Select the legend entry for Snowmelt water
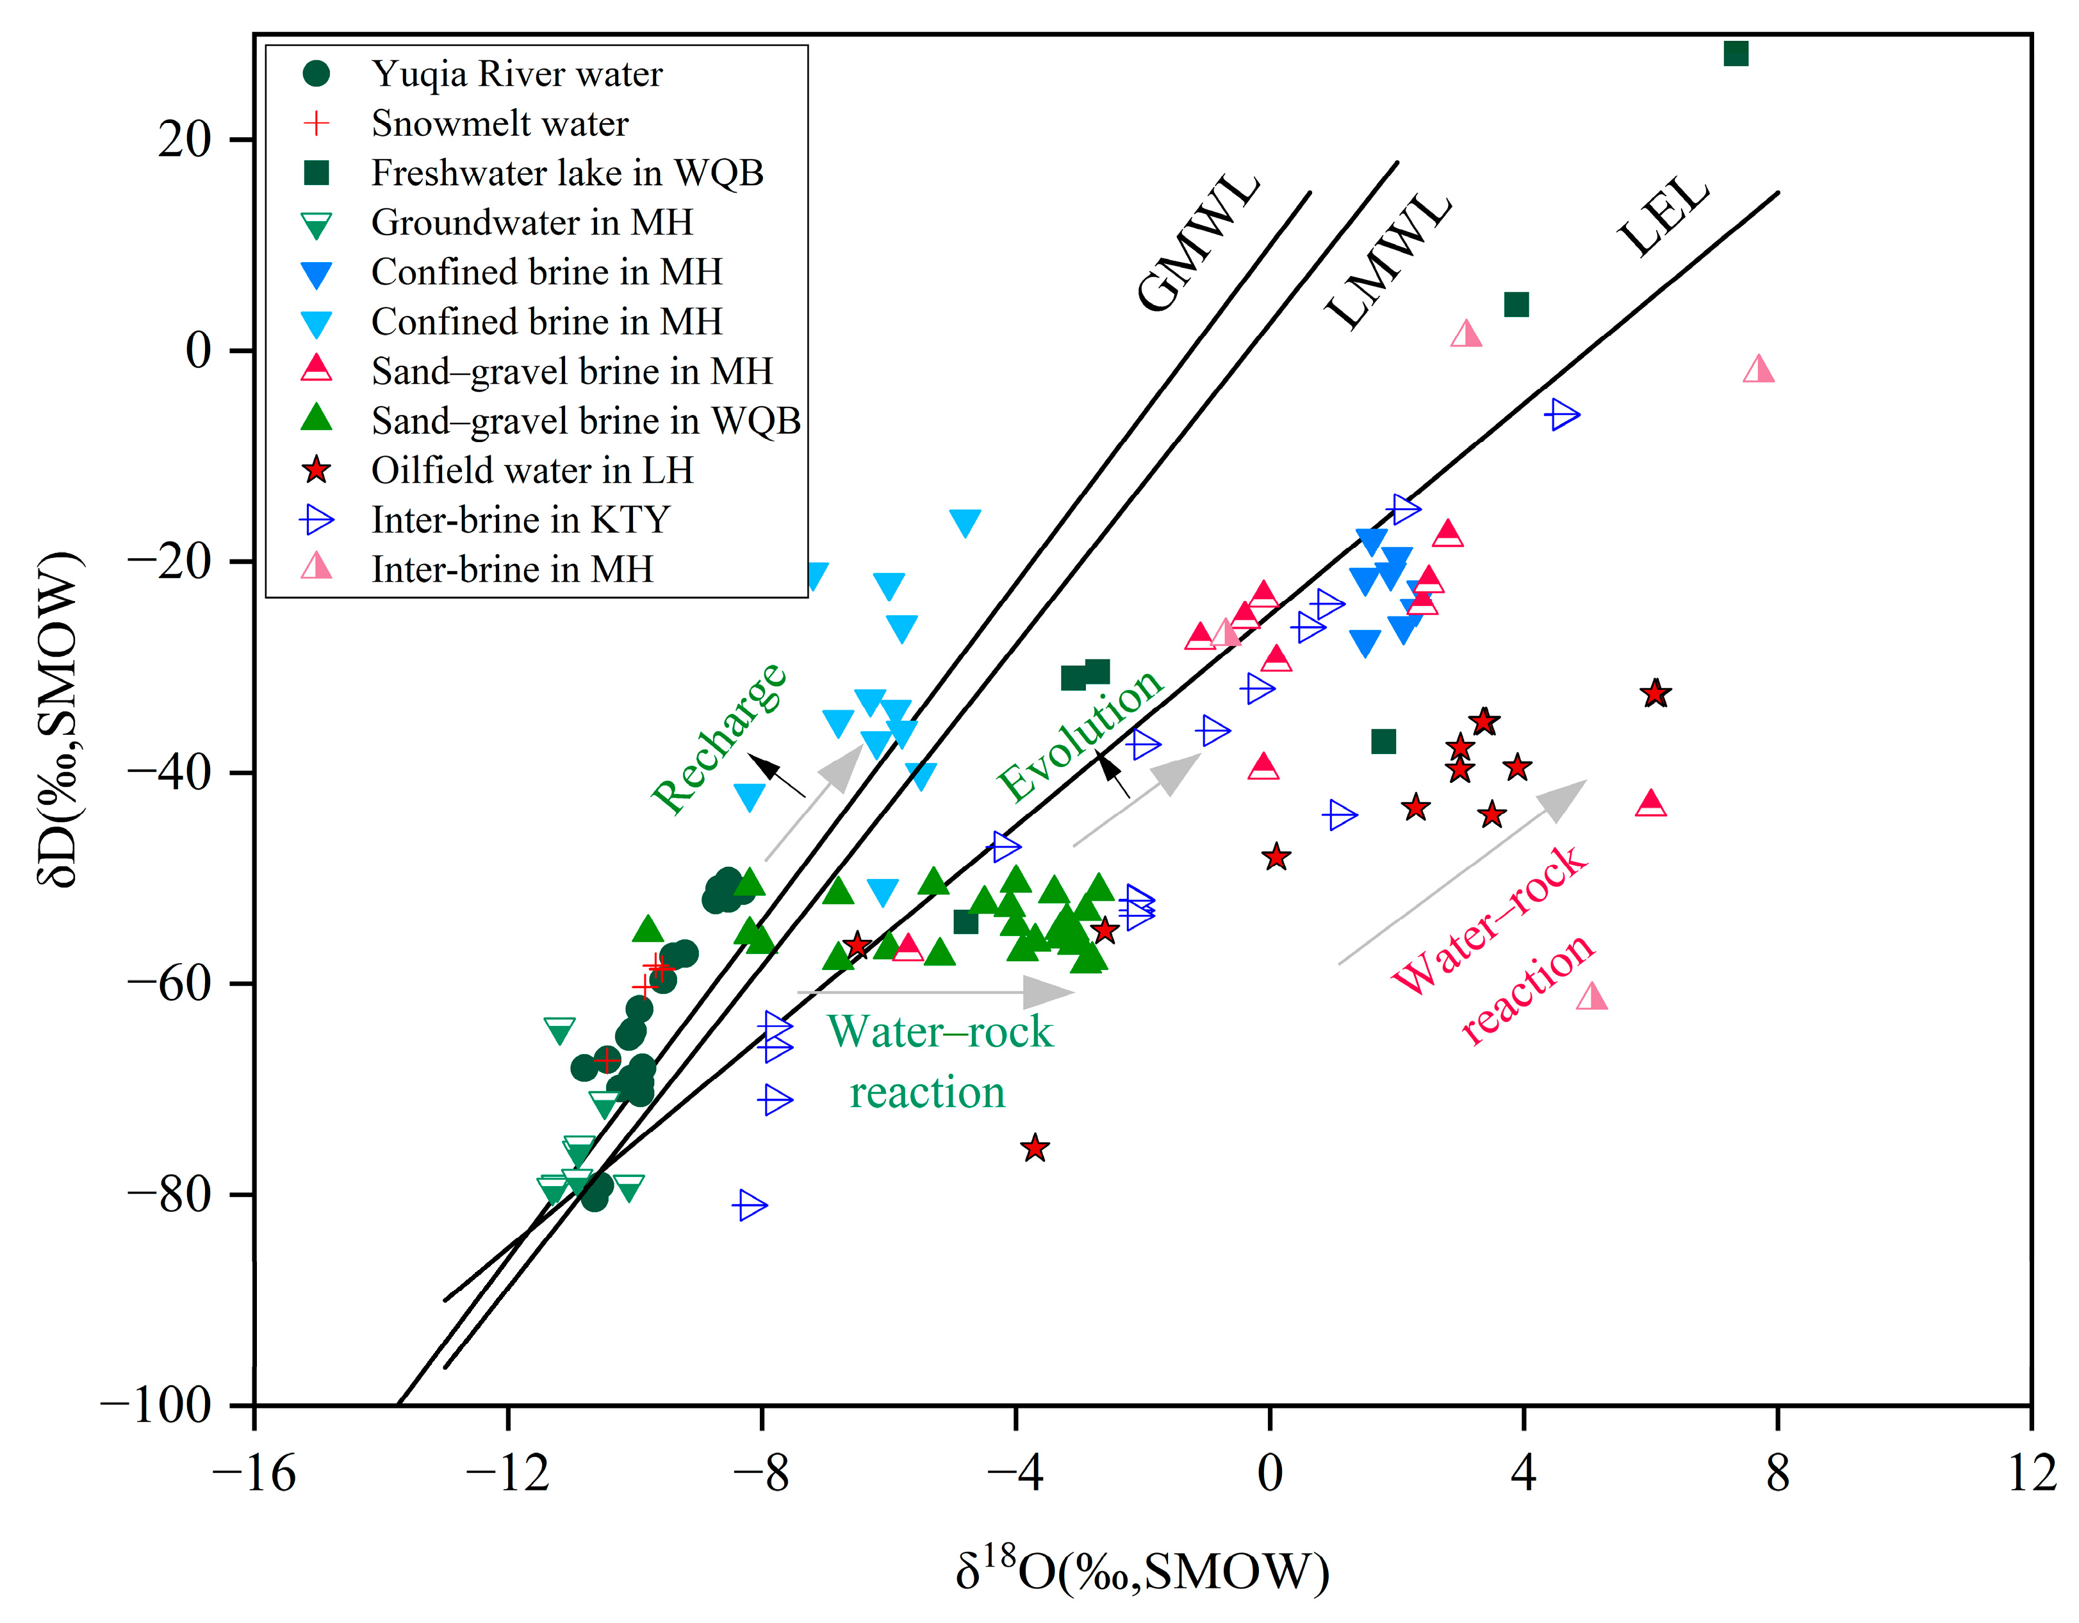(x=499, y=124)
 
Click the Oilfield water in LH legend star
(x=316, y=470)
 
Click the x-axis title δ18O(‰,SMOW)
(x=1142, y=1572)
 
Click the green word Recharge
(x=719, y=739)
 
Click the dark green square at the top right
(x=1736, y=54)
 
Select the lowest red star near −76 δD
(x=1035, y=1148)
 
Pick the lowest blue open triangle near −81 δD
(x=751, y=1205)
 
